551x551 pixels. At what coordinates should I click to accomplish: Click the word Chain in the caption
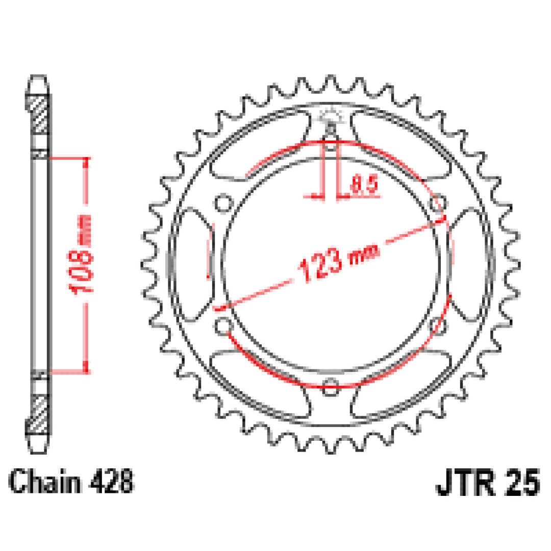44,481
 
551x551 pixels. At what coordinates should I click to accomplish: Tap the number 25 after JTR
522,483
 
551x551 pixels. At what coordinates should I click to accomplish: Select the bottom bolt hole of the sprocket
330,387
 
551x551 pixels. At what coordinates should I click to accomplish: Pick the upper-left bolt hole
223,204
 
